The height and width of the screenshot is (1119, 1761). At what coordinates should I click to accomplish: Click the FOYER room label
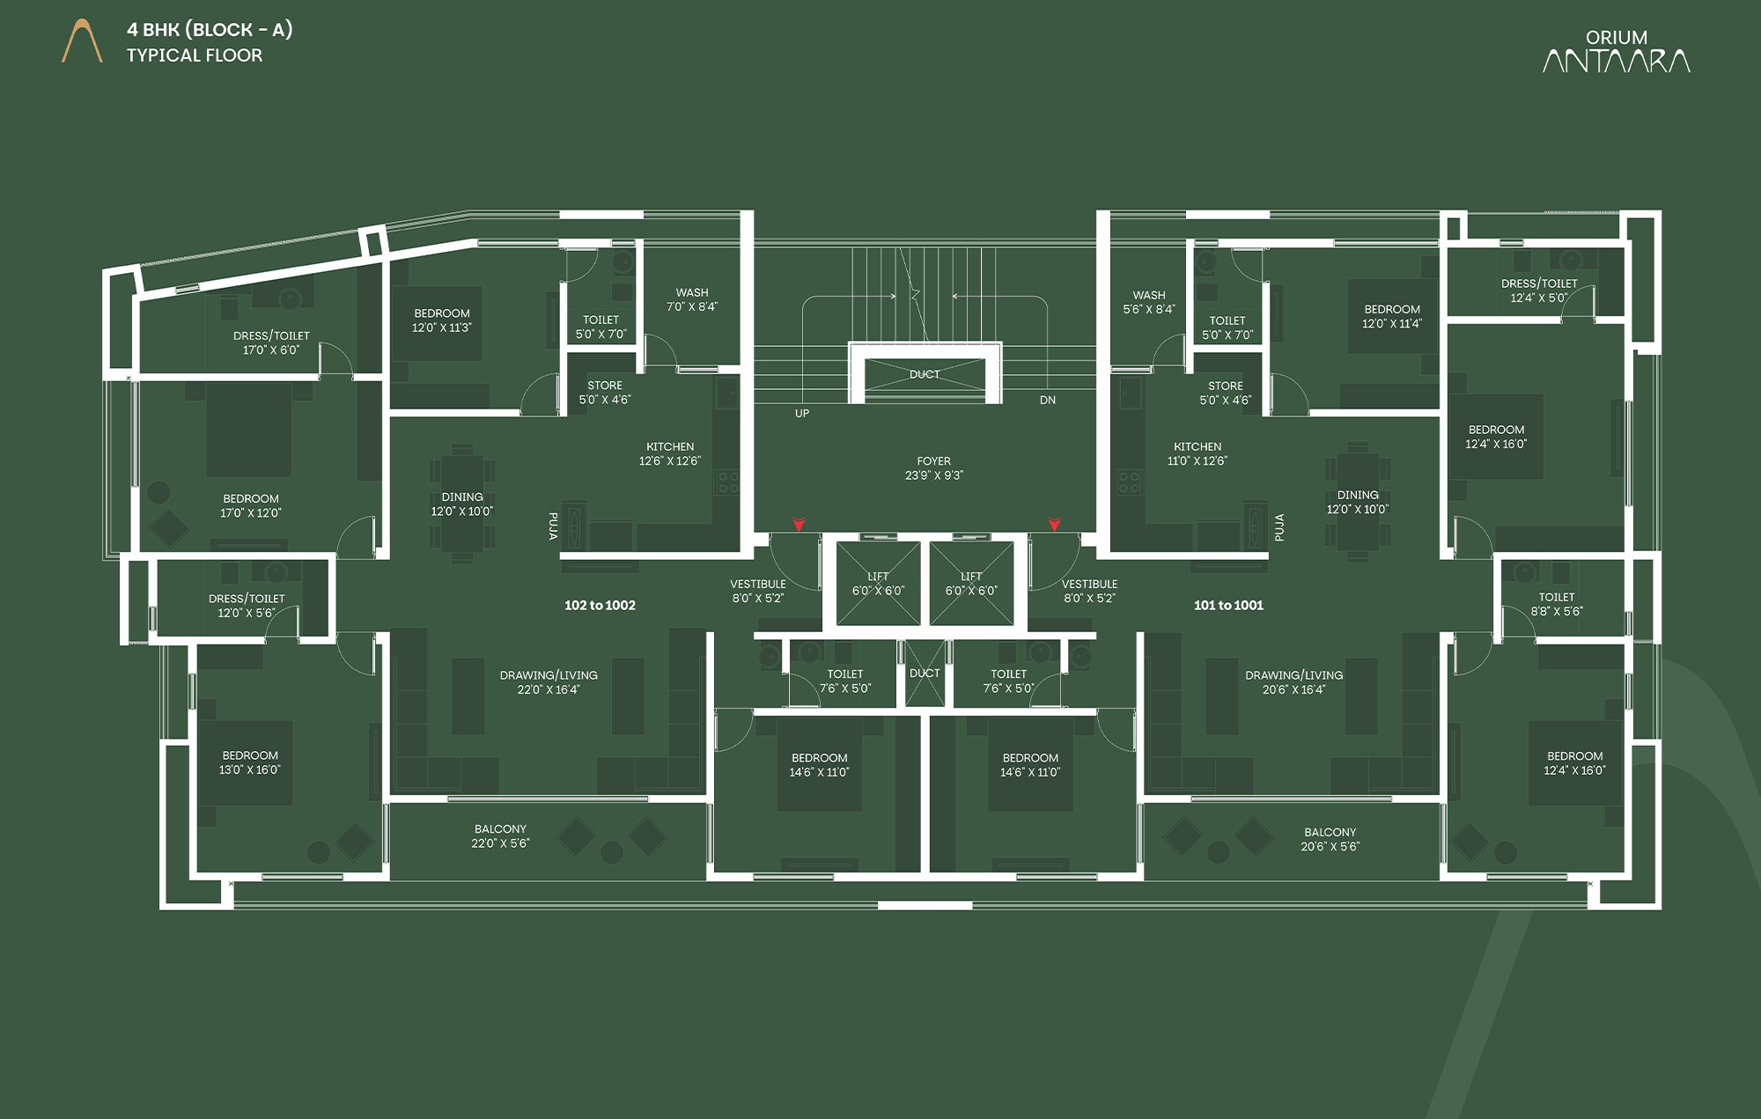(x=934, y=468)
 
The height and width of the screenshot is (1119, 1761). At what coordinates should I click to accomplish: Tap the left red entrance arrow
(x=799, y=525)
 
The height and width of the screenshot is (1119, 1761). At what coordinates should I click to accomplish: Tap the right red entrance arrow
(x=1054, y=525)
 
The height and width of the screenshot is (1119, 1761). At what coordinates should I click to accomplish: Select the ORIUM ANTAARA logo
(x=1617, y=51)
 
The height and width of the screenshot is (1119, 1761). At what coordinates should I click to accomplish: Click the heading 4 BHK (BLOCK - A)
(x=210, y=30)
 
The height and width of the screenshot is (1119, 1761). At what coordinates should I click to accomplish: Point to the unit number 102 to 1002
(x=600, y=606)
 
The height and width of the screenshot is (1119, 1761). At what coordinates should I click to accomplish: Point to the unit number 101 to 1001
(x=1228, y=606)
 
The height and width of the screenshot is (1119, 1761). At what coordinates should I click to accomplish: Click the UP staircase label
(x=802, y=414)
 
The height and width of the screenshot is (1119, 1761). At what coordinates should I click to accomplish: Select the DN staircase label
(x=1048, y=401)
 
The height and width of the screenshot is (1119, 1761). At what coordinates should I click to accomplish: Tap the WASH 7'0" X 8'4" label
(x=692, y=300)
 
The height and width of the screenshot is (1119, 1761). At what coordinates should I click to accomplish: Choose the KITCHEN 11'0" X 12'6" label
(x=1197, y=454)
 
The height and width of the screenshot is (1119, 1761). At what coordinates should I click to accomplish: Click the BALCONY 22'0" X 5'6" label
(x=500, y=836)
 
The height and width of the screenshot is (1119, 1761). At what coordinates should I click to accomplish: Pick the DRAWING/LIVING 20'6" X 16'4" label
(x=1294, y=682)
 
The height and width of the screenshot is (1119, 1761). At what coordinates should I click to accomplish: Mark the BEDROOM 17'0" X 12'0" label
(x=251, y=506)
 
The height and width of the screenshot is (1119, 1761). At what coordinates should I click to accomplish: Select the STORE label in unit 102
(x=605, y=386)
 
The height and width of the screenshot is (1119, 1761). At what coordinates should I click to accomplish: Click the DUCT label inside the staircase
(x=925, y=374)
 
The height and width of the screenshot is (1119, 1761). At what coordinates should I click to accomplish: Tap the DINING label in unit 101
(x=1358, y=496)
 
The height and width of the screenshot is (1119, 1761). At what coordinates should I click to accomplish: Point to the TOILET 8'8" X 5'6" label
(x=1557, y=604)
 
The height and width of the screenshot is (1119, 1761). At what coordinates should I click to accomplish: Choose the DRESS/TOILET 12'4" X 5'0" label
(x=1539, y=291)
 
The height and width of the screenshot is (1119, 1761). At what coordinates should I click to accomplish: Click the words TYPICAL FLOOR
(x=195, y=55)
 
